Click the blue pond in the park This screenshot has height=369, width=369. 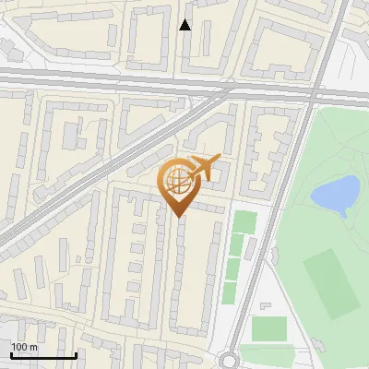tap(334, 194)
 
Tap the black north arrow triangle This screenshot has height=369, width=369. tap(185, 25)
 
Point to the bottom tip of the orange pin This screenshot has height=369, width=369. tap(177, 217)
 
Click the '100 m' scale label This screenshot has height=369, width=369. tap(24, 346)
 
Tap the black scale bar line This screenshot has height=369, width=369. tap(43, 354)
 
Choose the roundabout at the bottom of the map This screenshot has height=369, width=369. tap(230, 361)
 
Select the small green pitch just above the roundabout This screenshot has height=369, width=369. tap(268, 329)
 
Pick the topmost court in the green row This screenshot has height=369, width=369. tap(244, 222)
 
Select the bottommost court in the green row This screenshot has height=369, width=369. tap(231, 292)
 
